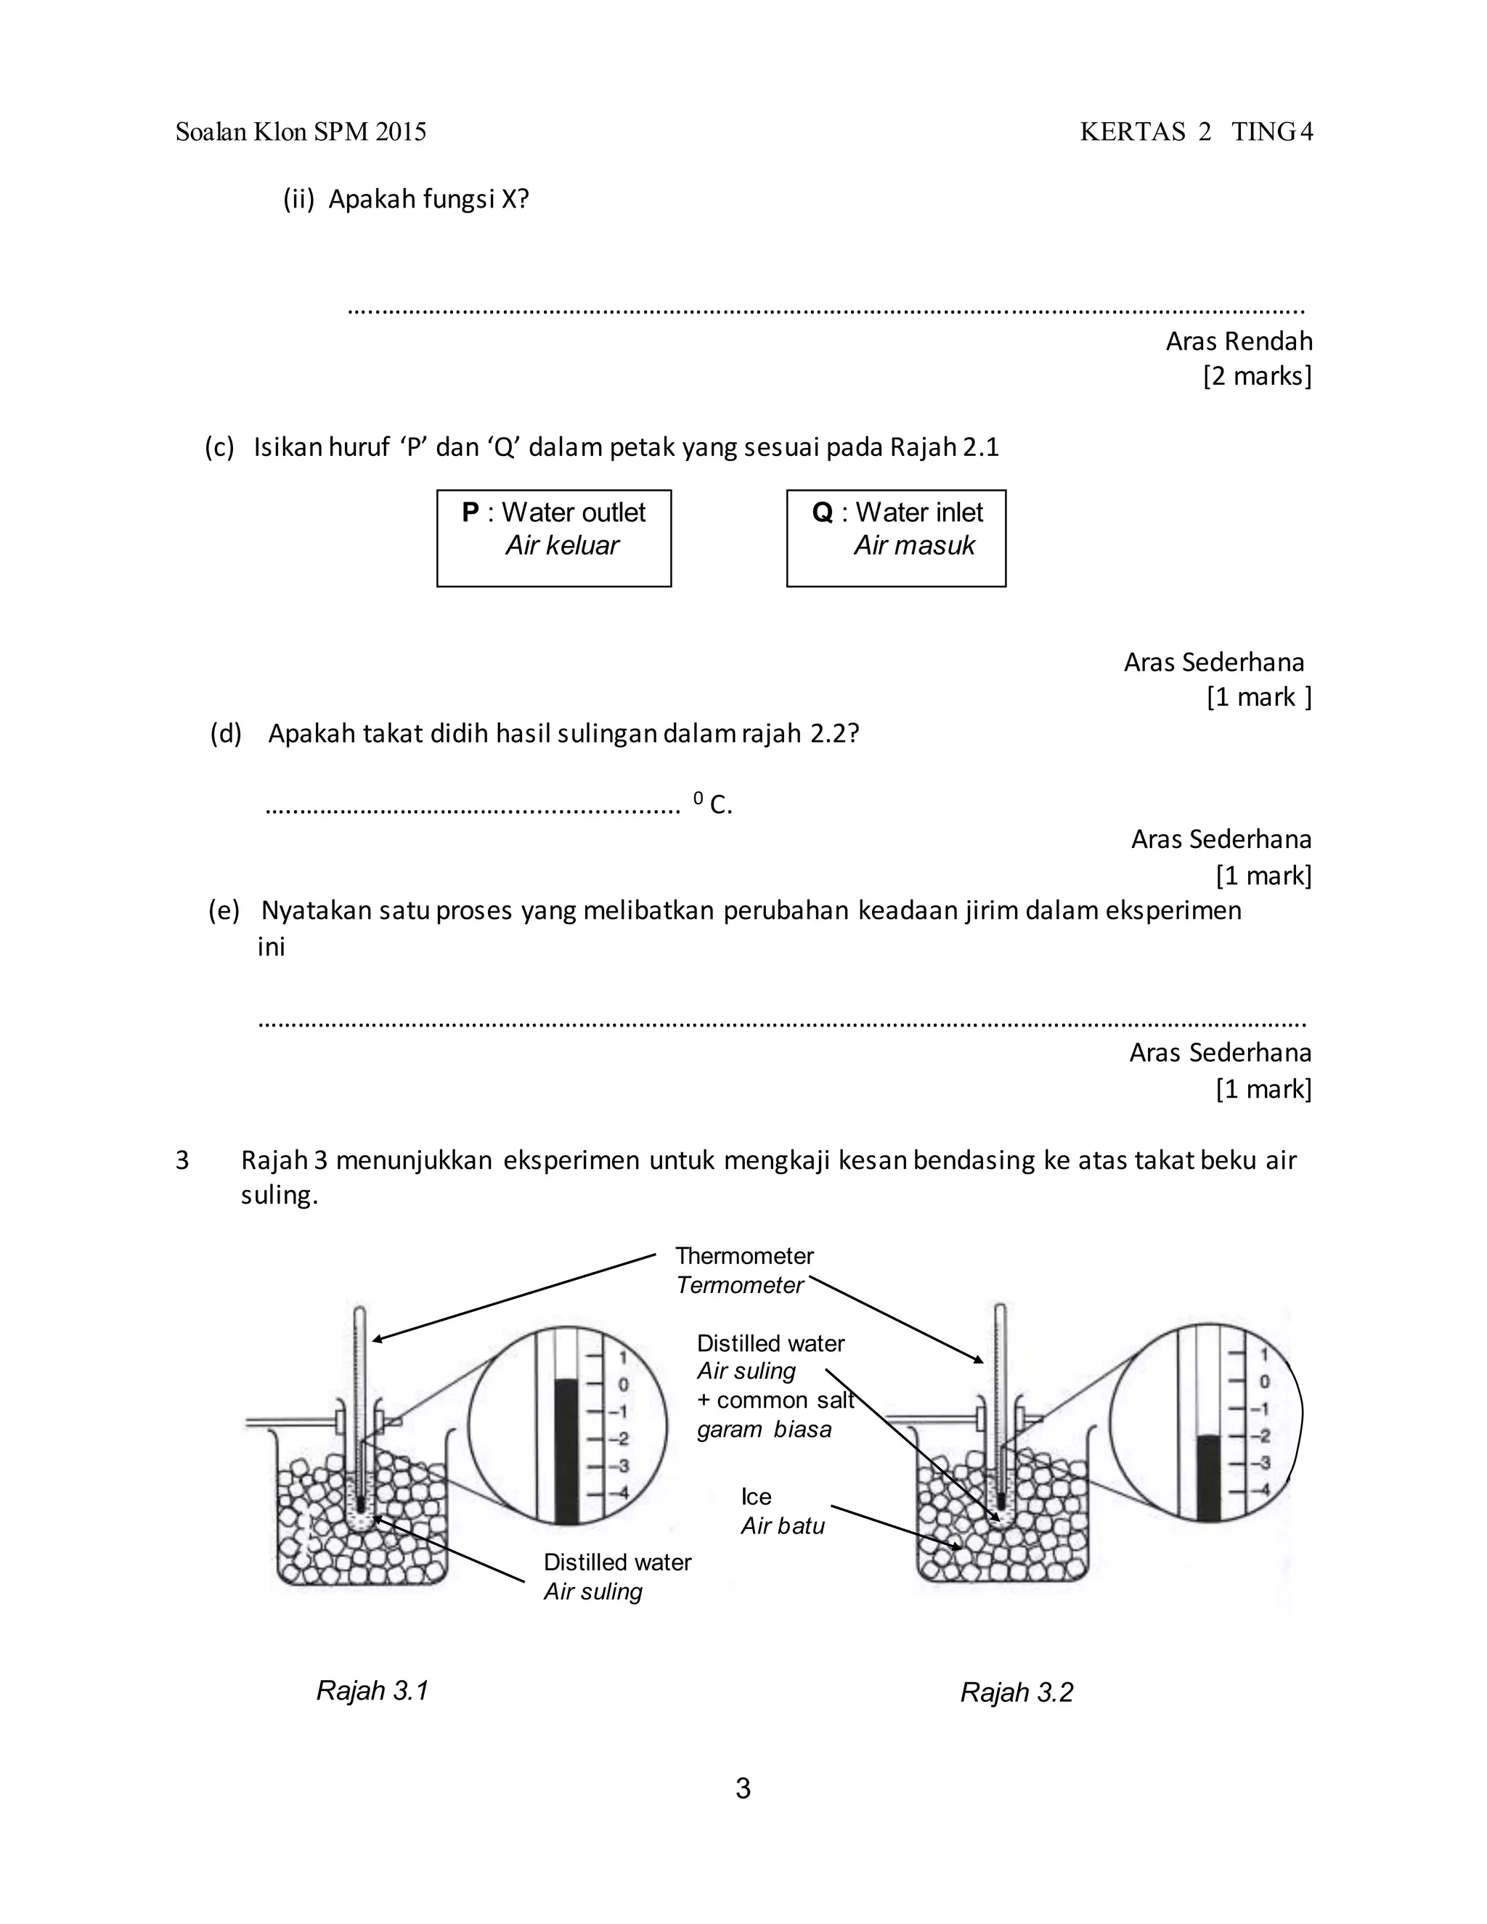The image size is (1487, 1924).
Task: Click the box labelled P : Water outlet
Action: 553,537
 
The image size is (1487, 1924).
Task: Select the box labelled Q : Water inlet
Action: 895,537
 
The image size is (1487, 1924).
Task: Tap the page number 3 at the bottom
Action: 743,1788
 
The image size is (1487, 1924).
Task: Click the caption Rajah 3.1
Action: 372,1690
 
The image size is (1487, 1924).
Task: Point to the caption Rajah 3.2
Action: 1016,1692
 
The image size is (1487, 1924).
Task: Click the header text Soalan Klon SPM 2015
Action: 301,132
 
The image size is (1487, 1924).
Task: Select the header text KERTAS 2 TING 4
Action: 1195,132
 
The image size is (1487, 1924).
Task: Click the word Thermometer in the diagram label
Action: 743,1255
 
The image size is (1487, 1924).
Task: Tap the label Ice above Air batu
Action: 756,1497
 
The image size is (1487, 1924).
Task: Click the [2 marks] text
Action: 1257,376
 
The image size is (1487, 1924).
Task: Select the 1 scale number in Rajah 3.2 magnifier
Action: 1263,1355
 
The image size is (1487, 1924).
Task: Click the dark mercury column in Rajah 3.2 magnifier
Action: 1209,1479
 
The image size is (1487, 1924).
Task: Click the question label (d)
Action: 226,733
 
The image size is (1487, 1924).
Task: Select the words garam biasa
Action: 764,1429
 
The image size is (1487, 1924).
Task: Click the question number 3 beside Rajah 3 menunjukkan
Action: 182,1160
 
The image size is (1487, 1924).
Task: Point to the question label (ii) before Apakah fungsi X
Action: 298,200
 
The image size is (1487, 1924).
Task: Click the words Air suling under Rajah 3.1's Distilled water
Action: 593,1591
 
